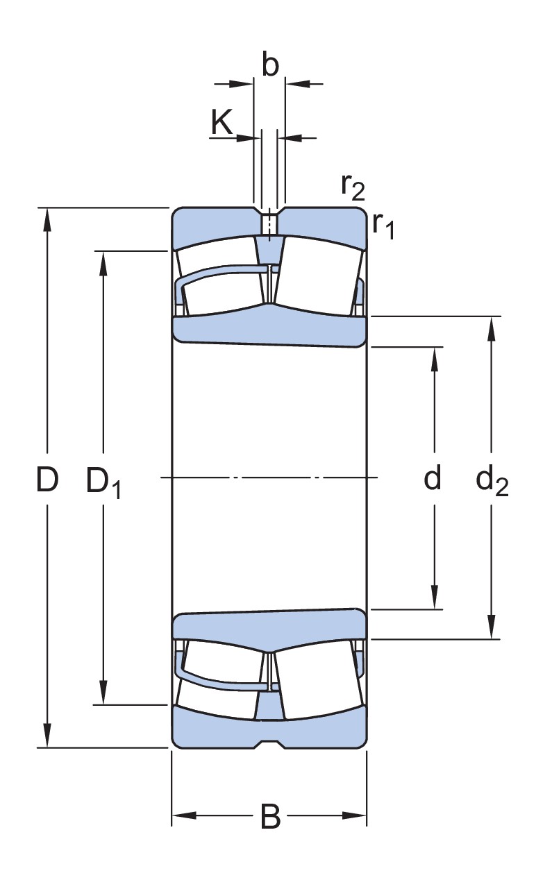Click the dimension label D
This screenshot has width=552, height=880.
pyautogui.click(x=47, y=479)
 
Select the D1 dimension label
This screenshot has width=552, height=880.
pyautogui.click(x=103, y=481)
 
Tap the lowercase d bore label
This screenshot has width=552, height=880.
pyautogui.click(x=433, y=478)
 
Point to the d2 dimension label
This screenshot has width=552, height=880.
pyautogui.click(x=492, y=480)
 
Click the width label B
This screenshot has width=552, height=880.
pyautogui.click(x=270, y=817)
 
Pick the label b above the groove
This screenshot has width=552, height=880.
pyautogui.click(x=270, y=65)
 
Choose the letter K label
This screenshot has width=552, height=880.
pyautogui.click(x=221, y=124)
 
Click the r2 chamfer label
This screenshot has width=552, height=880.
pyautogui.click(x=352, y=185)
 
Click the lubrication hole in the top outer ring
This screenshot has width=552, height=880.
pyautogui.click(x=269, y=224)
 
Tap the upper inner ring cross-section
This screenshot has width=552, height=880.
pyautogui.click(x=269, y=329)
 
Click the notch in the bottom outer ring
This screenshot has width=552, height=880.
pyautogui.click(x=269, y=743)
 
